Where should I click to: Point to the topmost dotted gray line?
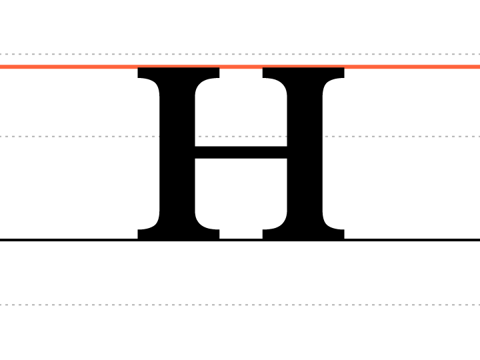coord(240,54)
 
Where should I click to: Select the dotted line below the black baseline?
coord(240,305)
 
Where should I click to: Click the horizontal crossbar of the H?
coord(241,153)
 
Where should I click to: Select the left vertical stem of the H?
coord(177,153)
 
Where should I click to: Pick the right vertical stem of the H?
coord(305,153)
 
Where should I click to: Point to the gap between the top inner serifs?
coord(241,73)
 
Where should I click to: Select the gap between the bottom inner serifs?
coord(241,234)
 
